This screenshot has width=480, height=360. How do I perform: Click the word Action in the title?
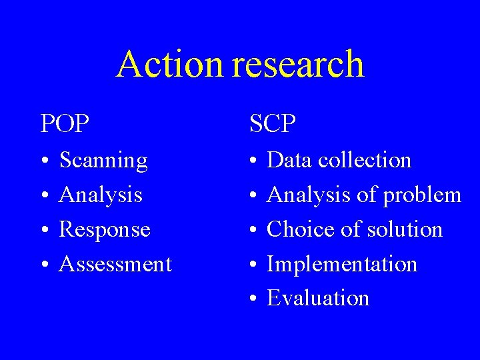coord(169,65)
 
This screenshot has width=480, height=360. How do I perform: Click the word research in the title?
coord(299,65)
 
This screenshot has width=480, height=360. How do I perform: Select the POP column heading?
coord(65,123)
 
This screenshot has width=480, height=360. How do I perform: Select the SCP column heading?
coord(273,123)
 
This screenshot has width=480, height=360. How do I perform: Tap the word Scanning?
coord(103,161)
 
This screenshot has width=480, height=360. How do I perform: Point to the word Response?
coord(105,230)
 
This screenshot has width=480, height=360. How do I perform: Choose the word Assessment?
coord(115,265)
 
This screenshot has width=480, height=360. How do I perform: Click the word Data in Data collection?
coord(290,161)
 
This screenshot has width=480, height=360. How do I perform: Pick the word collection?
coord(365,161)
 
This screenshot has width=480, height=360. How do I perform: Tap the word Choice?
coord(298,230)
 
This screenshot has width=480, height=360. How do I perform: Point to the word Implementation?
coord(342,265)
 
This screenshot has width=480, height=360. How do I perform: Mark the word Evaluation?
coord(318,299)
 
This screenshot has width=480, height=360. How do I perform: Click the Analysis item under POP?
coord(101,195)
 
